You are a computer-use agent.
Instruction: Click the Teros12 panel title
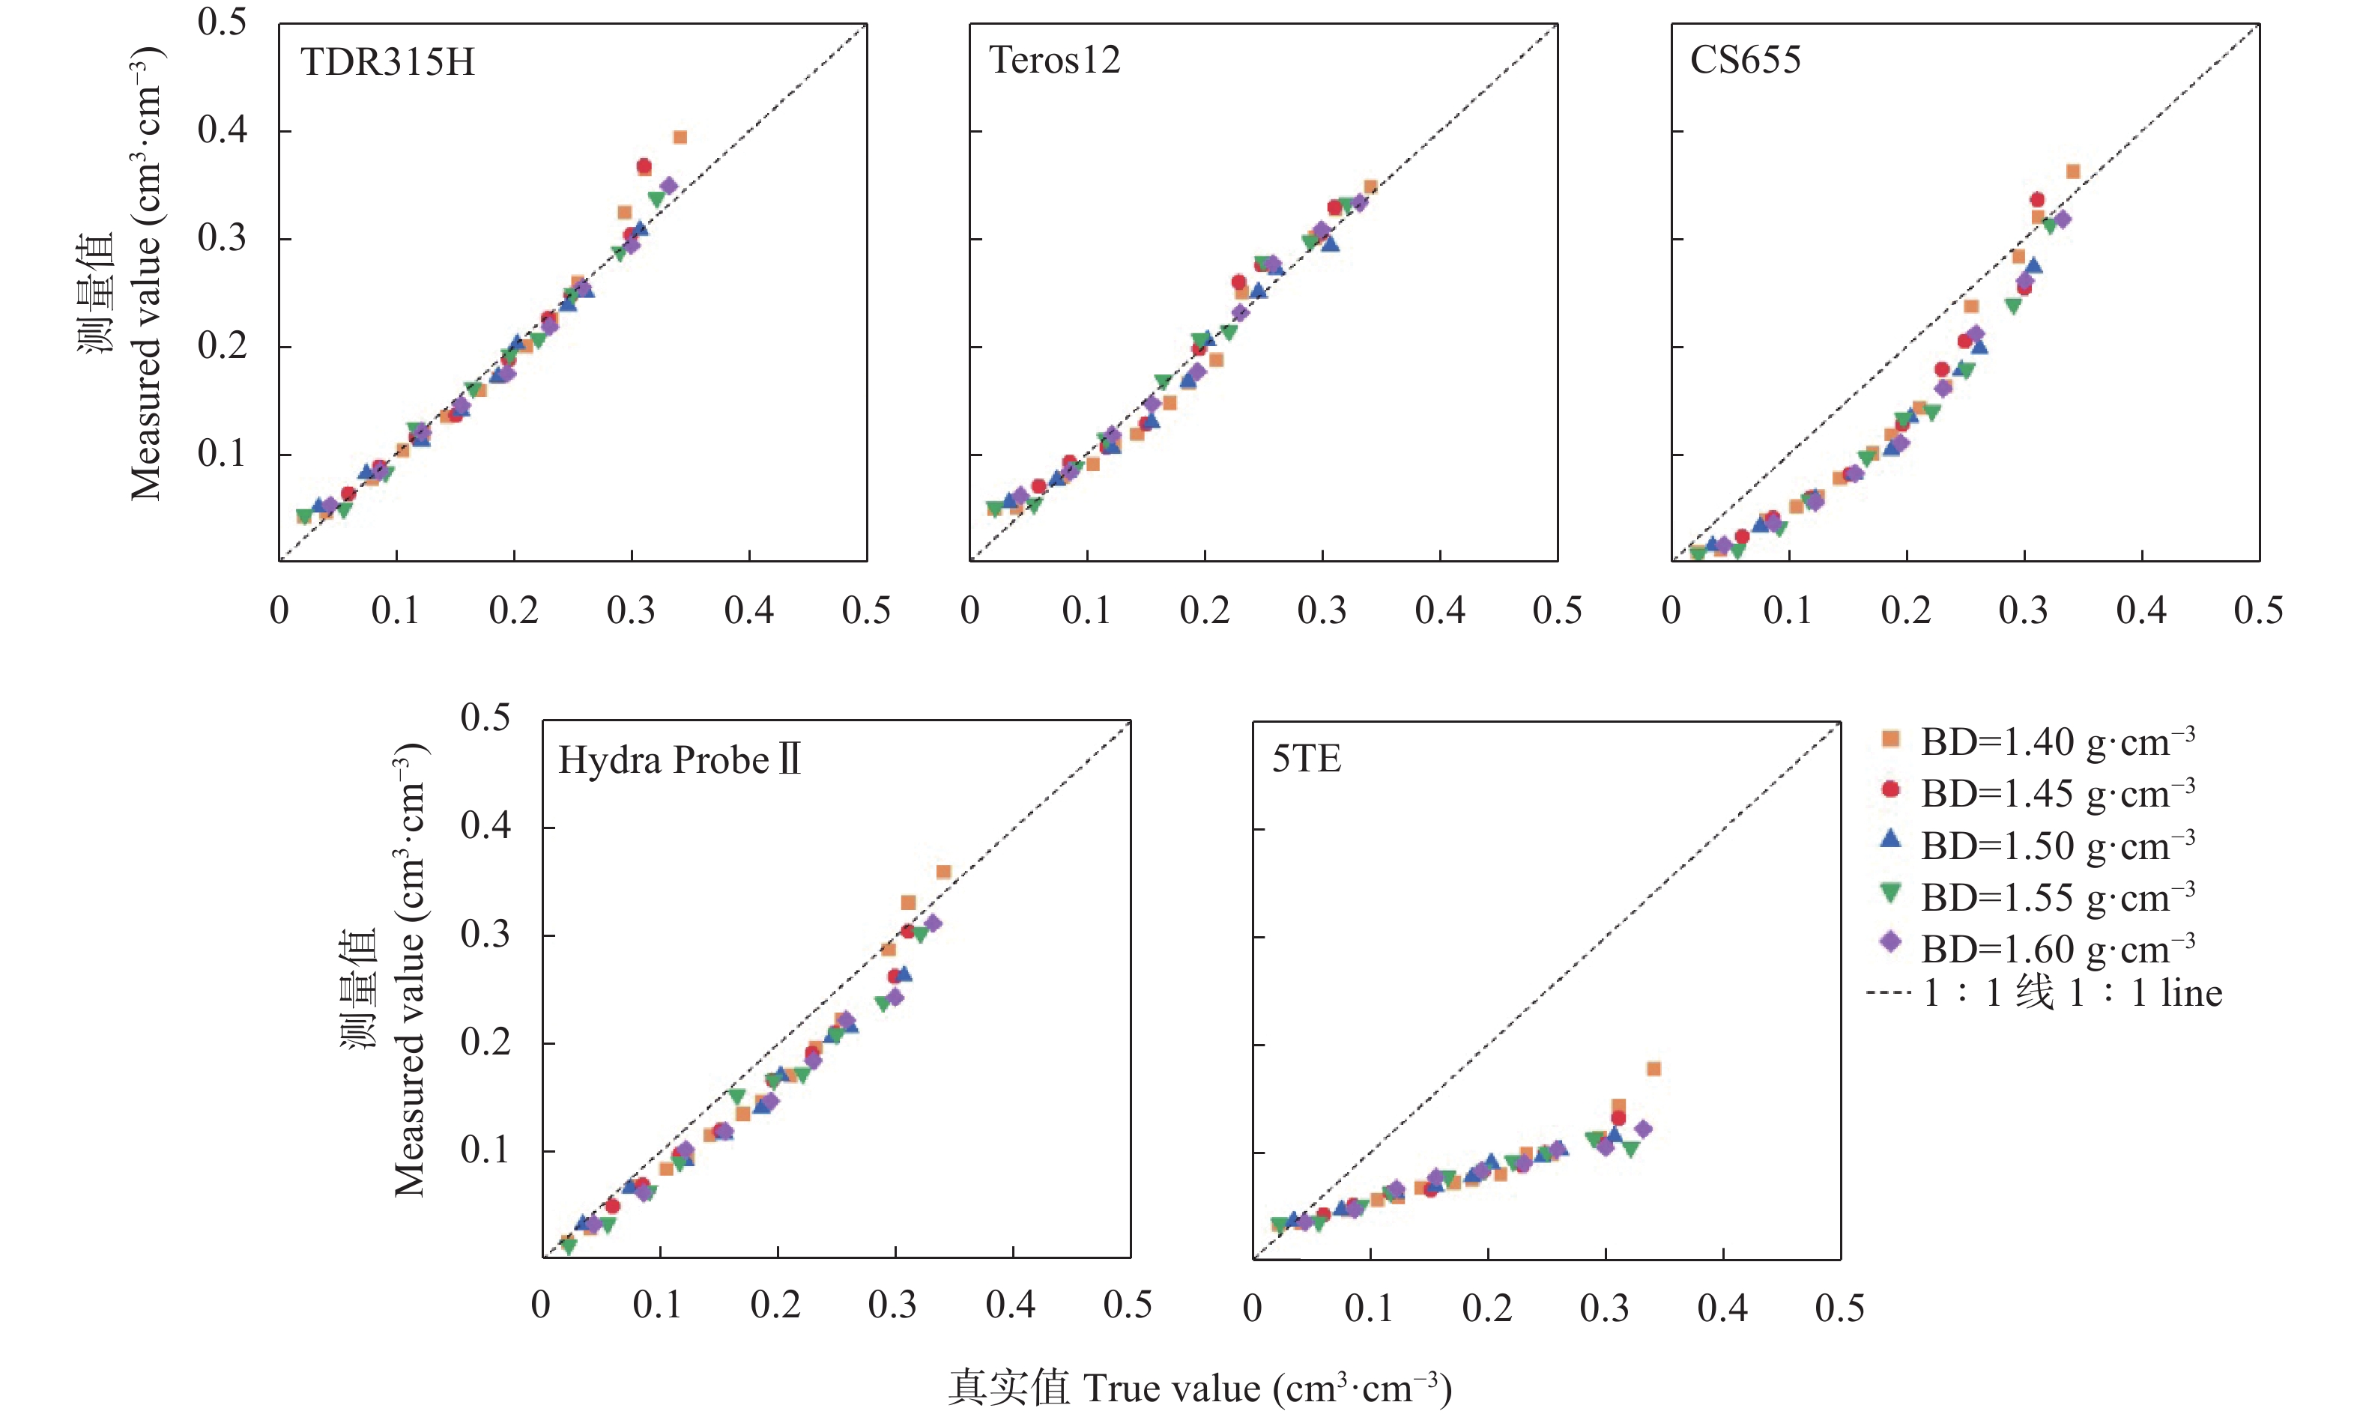[x=1054, y=61]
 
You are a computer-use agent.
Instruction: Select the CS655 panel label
[x=1745, y=61]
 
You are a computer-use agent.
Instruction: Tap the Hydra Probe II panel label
[x=679, y=760]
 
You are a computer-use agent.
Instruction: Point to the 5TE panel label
[x=1306, y=759]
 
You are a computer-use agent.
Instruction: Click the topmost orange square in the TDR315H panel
[x=680, y=137]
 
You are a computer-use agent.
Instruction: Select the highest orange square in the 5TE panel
[x=1653, y=1069]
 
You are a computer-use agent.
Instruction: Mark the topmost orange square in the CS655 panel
[x=2072, y=172]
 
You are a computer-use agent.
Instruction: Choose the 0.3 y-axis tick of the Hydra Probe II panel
[x=485, y=935]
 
